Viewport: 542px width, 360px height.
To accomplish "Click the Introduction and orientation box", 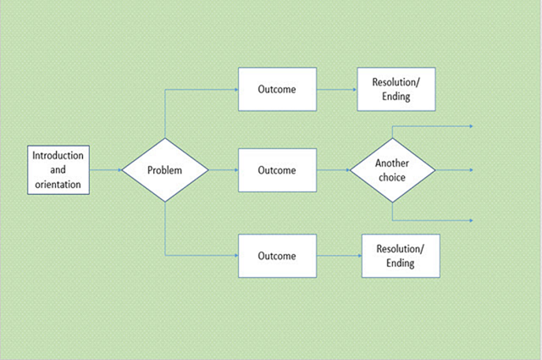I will [58, 169].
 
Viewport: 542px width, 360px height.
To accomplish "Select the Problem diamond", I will [165, 169].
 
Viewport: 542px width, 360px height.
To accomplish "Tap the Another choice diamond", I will [393, 169].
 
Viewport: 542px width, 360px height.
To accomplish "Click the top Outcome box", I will [278, 89].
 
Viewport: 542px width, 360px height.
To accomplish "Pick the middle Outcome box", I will [278, 169].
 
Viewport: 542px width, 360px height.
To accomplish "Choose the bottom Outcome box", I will [278, 256].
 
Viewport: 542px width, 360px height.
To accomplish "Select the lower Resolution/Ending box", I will [401, 256].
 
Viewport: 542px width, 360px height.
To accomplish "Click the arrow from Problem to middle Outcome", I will [224, 169].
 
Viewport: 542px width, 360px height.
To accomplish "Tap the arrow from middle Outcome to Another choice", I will [334, 169].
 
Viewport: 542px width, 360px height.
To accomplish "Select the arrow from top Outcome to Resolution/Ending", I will [337, 89].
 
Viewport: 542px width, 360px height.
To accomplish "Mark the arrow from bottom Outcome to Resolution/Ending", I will [340, 256].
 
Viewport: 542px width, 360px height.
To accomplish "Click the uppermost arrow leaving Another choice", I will [432, 125].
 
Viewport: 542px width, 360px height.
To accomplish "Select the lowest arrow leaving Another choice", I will [432, 219].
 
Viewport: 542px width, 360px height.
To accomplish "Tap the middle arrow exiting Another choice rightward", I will [455, 169].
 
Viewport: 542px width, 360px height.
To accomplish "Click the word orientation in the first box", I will [58, 183].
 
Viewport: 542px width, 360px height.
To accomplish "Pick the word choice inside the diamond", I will [393, 177].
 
